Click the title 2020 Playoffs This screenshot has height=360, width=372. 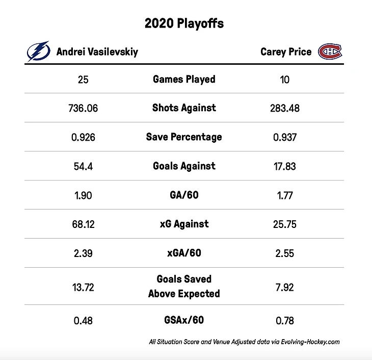184,23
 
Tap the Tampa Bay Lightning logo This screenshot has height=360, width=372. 38,52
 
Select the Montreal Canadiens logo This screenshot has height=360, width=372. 330,52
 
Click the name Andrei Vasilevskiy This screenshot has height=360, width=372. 97,52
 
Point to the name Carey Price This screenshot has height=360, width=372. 285,52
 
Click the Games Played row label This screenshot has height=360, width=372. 184,79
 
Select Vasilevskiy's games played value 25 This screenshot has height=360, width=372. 83,80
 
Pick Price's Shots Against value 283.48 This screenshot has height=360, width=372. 285,108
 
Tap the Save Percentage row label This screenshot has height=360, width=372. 184,137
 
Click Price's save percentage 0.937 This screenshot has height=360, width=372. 285,137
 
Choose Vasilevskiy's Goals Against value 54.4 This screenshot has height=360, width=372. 83,166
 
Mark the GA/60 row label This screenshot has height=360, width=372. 184,195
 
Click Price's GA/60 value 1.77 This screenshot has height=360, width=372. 285,195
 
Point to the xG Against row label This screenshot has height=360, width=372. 184,224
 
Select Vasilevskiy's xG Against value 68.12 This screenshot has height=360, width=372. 83,224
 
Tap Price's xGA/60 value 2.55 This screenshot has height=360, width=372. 285,253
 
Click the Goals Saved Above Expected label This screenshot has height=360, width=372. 184,286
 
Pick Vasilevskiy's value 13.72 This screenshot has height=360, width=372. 83,287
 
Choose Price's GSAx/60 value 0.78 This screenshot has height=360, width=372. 285,321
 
